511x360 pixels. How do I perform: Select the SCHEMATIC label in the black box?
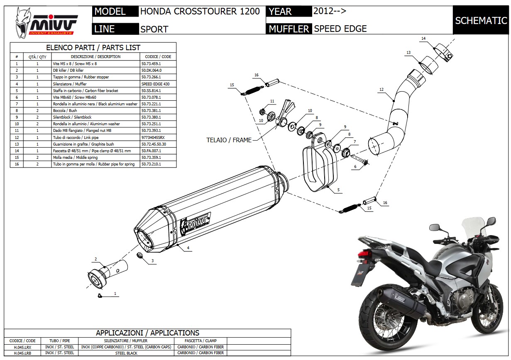[x=481, y=20]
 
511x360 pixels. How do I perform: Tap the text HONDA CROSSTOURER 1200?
[x=200, y=12]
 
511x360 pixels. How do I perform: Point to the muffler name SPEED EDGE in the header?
[x=340, y=29]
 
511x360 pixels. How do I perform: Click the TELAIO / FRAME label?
[x=229, y=140]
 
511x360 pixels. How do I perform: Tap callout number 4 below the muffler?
[x=188, y=248]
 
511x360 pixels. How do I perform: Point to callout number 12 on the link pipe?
[x=381, y=90]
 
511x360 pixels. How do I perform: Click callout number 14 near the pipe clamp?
[x=423, y=39]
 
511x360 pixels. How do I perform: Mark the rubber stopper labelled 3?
[x=142, y=255]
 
